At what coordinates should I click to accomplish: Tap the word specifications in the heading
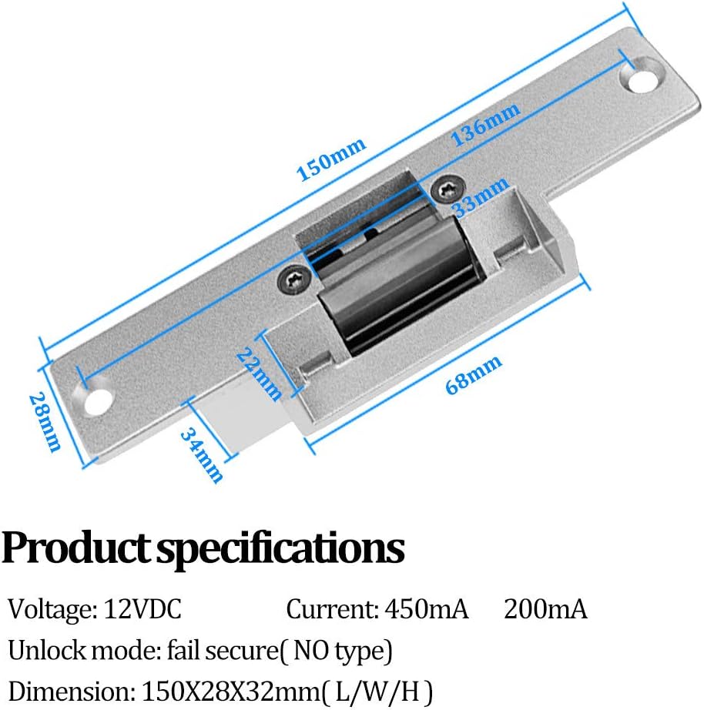pyautogui.click(x=280, y=549)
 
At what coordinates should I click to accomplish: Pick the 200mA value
pyautogui.click(x=545, y=610)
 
